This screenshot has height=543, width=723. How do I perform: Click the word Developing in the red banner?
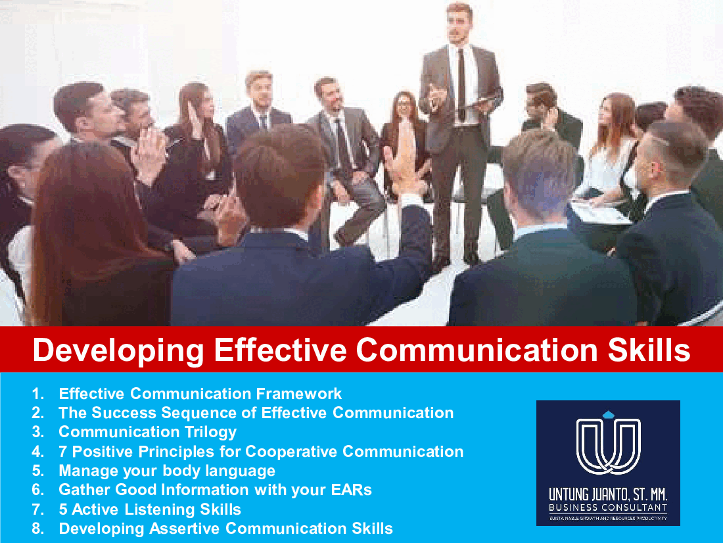click(118, 350)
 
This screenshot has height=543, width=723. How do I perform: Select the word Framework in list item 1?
click(299, 394)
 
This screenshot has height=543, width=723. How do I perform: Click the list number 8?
click(38, 529)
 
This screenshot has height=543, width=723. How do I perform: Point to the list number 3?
click(38, 432)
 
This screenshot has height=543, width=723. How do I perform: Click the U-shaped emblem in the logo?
click(609, 446)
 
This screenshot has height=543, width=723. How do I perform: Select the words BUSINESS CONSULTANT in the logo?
click(608, 508)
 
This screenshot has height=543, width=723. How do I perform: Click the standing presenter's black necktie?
click(461, 83)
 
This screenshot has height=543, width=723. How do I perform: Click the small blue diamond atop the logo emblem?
click(609, 414)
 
